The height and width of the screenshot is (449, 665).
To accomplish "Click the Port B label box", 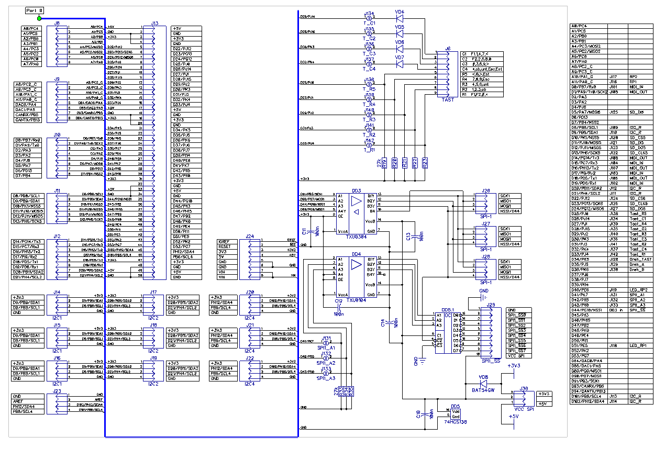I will point(35,10).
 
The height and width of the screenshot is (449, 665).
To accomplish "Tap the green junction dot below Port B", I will point(39,18).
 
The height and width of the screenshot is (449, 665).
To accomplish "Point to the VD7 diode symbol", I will point(400,64).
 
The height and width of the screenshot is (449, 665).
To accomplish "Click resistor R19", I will point(384,163).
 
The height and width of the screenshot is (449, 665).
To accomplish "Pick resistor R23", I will point(425,163).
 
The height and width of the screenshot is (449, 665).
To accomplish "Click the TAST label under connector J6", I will point(448,99).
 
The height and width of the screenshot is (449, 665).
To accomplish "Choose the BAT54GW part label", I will point(483,390).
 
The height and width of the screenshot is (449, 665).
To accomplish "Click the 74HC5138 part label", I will point(455,421).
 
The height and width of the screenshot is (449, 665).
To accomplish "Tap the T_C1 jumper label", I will point(369,24).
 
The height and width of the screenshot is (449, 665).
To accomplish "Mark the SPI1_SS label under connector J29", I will point(491,361).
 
